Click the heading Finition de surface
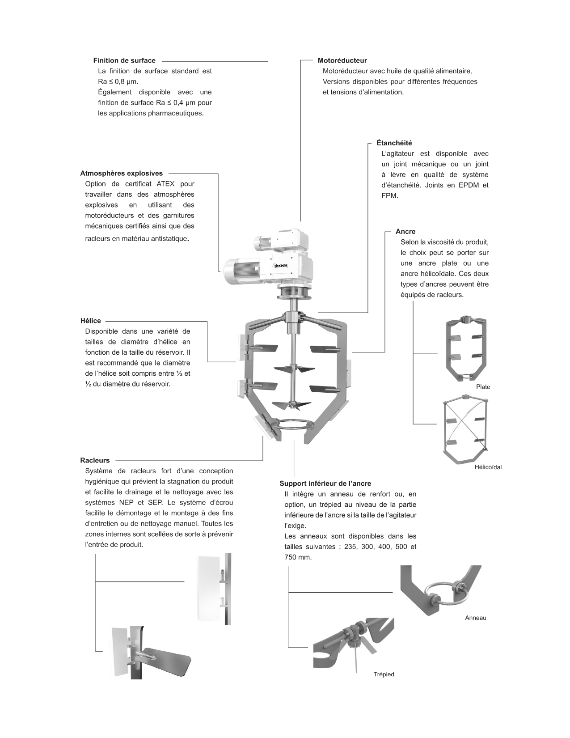click(x=124, y=60)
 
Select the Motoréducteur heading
click(x=342, y=60)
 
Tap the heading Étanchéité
click(x=394, y=143)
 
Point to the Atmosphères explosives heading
click(x=121, y=173)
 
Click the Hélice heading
click(x=90, y=321)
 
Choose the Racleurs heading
click(x=95, y=460)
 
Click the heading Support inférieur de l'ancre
click(x=325, y=484)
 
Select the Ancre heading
click(x=405, y=232)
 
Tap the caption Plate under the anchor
click(x=483, y=387)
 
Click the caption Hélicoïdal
click(x=488, y=467)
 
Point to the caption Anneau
click(x=475, y=618)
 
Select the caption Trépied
click(x=384, y=674)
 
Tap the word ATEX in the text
click(x=166, y=184)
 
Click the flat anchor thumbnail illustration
click(x=466, y=349)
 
